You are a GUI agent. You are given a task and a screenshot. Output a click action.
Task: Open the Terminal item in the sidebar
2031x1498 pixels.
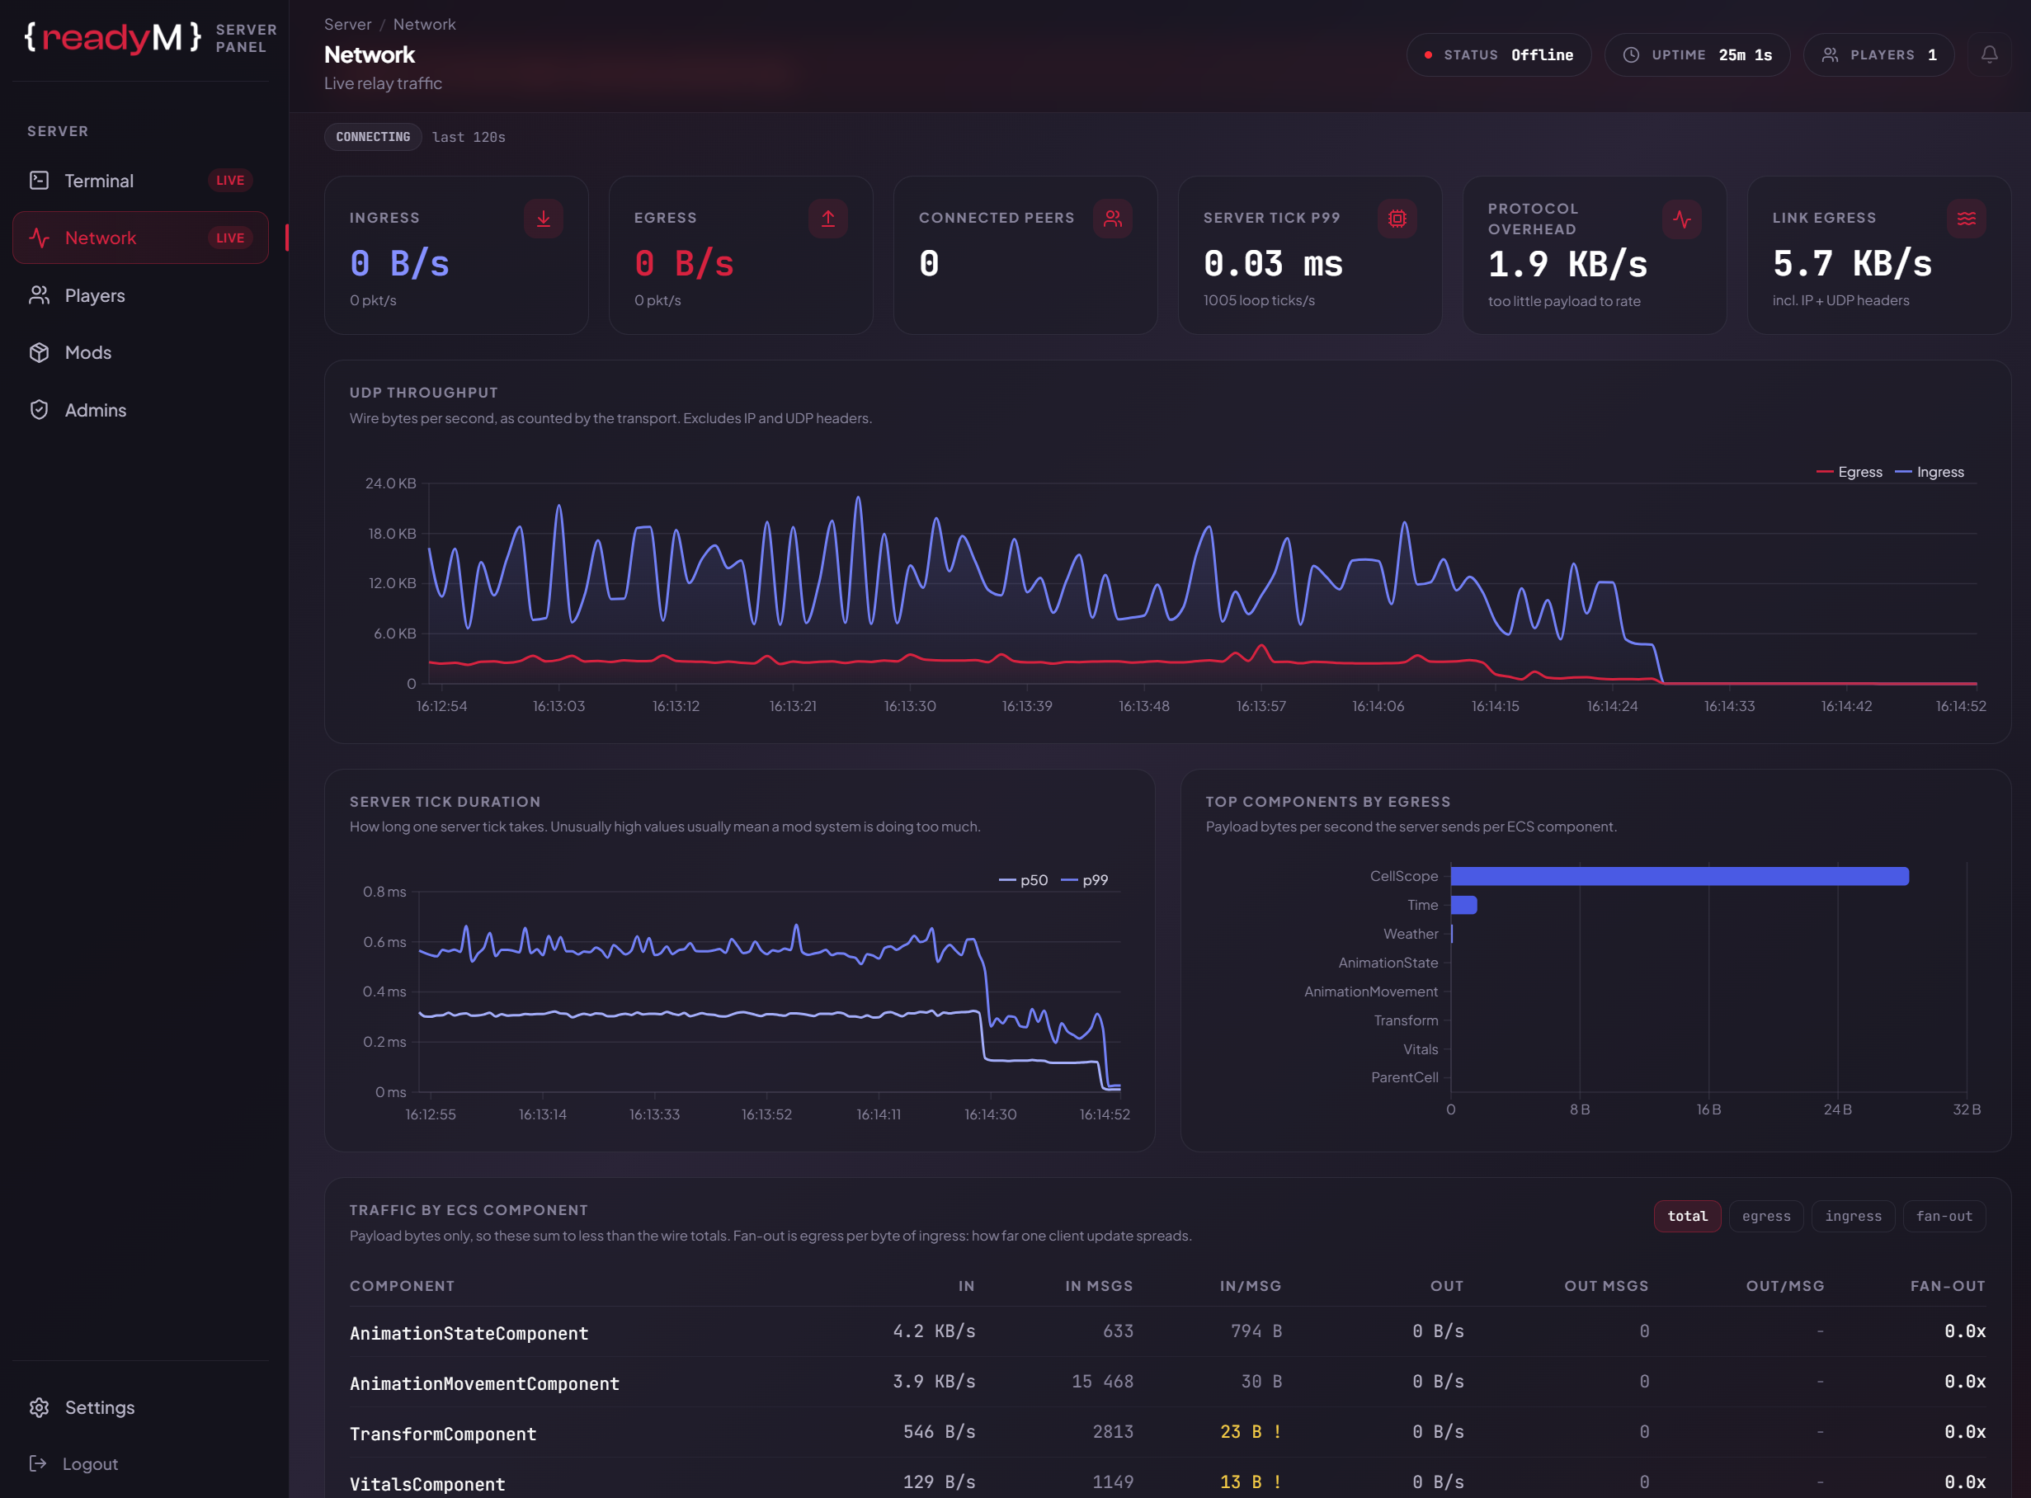coord(139,181)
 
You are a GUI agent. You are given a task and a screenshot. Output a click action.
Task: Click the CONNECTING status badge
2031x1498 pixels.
coord(373,137)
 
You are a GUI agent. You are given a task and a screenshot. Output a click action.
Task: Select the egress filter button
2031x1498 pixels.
coord(1765,1216)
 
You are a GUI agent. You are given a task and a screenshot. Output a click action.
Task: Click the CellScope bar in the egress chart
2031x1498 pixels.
coord(1680,876)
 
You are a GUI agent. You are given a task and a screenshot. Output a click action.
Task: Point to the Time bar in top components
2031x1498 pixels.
coord(1463,905)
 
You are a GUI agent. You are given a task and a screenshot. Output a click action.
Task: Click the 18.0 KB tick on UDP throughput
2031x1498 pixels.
coord(392,533)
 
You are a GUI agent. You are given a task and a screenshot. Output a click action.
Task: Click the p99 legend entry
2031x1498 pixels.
coord(1085,880)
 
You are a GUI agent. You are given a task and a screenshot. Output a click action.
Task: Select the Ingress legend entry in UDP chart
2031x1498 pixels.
coord(1930,473)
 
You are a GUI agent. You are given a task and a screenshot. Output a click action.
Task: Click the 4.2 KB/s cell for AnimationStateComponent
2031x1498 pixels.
coord(934,1331)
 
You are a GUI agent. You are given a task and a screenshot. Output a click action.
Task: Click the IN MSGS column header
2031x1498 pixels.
coord(1099,1286)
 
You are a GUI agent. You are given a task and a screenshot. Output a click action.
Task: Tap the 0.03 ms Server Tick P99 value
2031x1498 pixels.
coord(1273,264)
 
